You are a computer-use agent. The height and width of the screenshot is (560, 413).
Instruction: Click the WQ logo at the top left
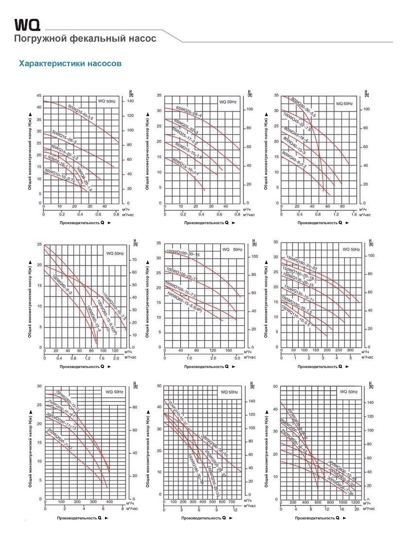point(27,25)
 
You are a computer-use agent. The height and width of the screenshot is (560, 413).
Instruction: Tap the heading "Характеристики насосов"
point(70,64)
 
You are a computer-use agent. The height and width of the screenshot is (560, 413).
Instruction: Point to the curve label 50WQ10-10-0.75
point(59,176)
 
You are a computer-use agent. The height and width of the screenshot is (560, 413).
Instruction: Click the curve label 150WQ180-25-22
point(301,262)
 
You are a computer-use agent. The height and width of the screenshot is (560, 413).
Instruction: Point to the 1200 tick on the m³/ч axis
point(355,502)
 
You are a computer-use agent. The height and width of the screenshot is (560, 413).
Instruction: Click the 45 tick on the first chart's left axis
point(39,95)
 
